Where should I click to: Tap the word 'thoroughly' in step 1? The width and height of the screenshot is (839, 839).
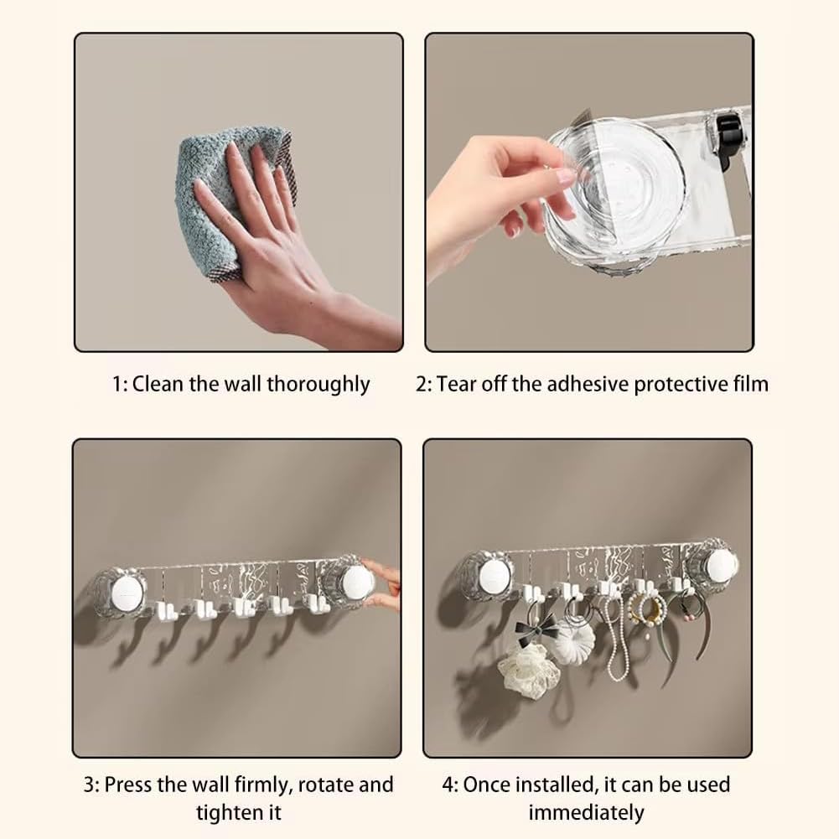(x=318, y=384)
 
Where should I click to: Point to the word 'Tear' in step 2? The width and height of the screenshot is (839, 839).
(x=457, y=384)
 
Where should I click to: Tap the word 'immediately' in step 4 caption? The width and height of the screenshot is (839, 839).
(x=586, y=811)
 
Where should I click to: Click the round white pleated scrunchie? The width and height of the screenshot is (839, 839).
(x=573, y=641)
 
